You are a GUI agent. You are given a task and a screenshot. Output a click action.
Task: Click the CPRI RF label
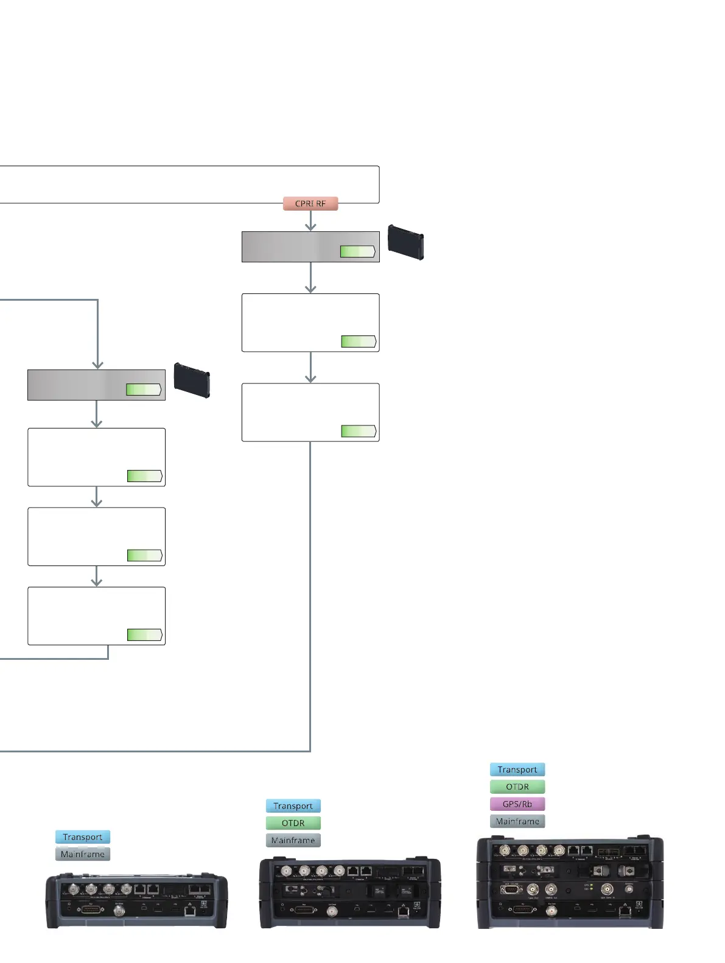(310, 203)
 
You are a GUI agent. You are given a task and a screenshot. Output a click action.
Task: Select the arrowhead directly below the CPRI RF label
(310, 226)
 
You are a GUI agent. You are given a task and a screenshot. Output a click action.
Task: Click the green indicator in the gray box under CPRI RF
(357, 251)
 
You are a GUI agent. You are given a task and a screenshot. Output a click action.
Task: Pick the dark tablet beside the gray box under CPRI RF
(406, 242)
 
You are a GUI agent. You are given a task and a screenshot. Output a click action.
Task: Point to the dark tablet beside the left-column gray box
(192, 380)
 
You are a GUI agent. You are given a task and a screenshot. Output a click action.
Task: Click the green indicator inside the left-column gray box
(144, 390)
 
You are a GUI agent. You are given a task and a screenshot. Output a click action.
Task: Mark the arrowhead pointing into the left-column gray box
(97, 365)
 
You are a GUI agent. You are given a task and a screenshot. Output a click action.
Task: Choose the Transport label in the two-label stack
(83, 837)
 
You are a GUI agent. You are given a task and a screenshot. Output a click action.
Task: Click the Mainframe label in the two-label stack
(83, 854)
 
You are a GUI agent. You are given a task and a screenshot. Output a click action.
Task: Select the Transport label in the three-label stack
(293, 806)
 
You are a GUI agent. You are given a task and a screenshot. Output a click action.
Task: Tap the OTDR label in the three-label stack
(293, 823)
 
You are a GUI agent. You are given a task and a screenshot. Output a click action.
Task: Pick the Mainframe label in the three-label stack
(293, 840)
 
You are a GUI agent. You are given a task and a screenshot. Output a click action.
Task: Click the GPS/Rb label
(517, 804)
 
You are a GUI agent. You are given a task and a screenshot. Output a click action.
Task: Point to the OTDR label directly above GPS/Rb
(517, 787)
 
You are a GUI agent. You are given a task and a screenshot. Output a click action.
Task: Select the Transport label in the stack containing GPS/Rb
(517, 769)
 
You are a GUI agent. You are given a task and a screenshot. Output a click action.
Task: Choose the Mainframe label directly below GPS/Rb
(517, 821)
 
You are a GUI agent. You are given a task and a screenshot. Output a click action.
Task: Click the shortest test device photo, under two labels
(137, 902)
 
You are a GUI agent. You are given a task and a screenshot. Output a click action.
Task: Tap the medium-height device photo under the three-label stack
(350, 893)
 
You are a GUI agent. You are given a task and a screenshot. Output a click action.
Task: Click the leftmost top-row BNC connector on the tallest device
(504, 850)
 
